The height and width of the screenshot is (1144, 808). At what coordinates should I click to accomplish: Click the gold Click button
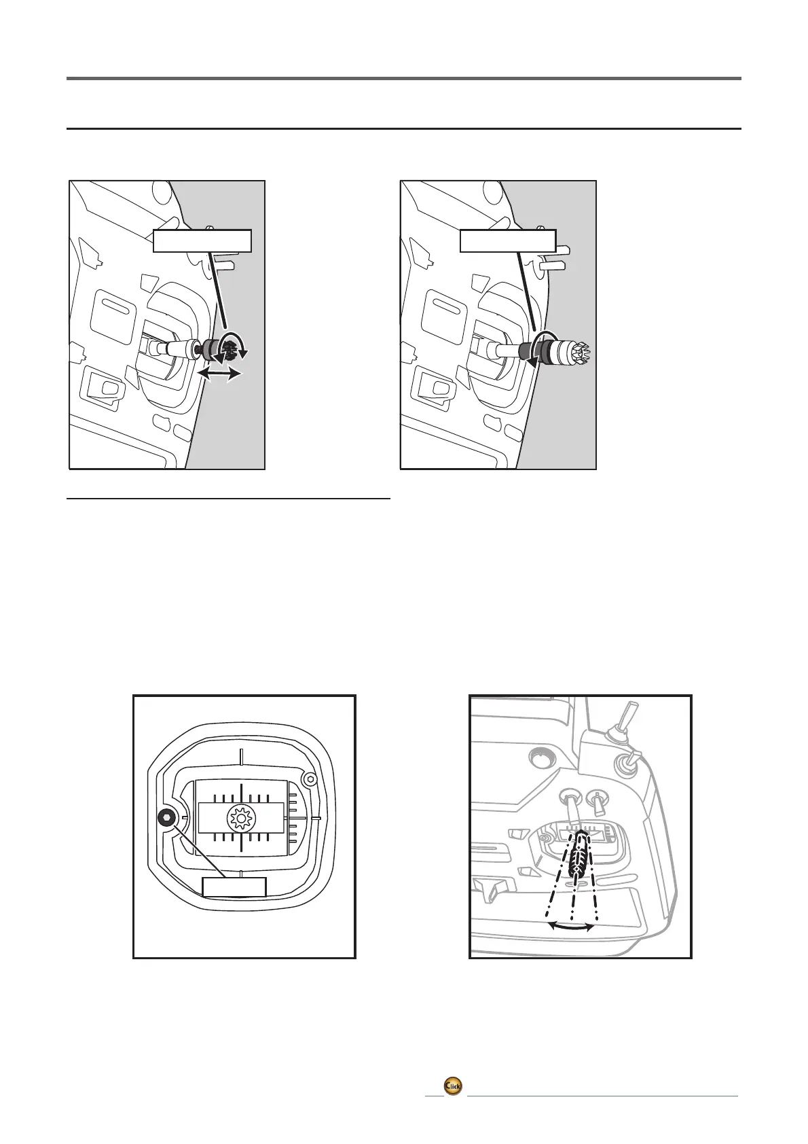453,1105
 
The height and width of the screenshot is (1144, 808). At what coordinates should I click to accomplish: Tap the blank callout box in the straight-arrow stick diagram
202,241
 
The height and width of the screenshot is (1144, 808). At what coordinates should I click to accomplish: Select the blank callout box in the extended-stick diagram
508,241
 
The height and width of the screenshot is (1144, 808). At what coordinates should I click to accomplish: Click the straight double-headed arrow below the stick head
219,374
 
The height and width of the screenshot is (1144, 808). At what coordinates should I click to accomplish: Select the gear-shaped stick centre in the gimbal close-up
241,818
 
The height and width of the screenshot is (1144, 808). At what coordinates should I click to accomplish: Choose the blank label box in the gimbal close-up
234,887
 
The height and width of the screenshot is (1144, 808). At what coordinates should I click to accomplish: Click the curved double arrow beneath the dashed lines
571,925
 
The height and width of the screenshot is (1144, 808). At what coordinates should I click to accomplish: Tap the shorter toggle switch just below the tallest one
629,762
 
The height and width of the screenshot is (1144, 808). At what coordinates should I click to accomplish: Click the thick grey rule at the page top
403,79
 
